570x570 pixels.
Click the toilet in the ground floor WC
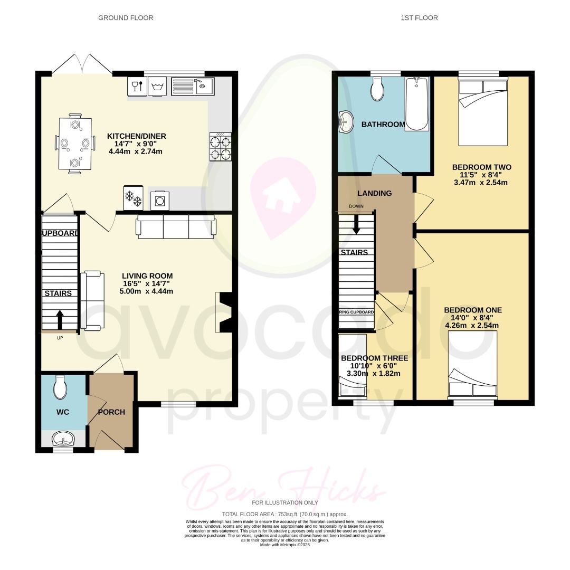(61, 388)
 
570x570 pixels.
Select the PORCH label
(111, 412)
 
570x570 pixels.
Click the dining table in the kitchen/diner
(75, 143)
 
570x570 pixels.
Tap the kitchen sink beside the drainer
(203, 86)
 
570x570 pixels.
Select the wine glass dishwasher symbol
(136, 87)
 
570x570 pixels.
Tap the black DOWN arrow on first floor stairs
(356, 225)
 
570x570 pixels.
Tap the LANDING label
(374, 193)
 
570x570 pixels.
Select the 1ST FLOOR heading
(419, 18)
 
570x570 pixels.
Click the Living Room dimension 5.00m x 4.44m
(147, 291)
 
